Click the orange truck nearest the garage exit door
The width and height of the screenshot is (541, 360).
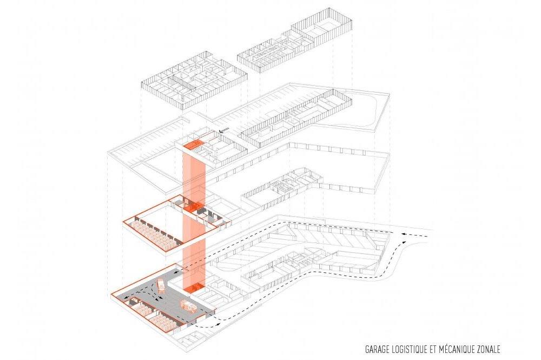(x=188, y=306)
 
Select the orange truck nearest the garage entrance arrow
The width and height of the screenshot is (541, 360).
(x=161, y=285)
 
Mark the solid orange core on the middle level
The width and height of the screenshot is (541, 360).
(x=194, y=206)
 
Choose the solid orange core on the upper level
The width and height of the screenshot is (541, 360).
(x=192, y=145)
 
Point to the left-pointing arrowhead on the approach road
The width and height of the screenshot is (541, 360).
(x=404, y=234)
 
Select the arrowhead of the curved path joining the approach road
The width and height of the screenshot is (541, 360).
(x=403, y=243)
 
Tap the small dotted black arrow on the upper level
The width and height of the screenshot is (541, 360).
(x=224, y=130)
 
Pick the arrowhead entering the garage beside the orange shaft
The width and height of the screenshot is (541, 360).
(x=176, y=273)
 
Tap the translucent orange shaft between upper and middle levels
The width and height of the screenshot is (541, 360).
(x=194, y=176)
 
